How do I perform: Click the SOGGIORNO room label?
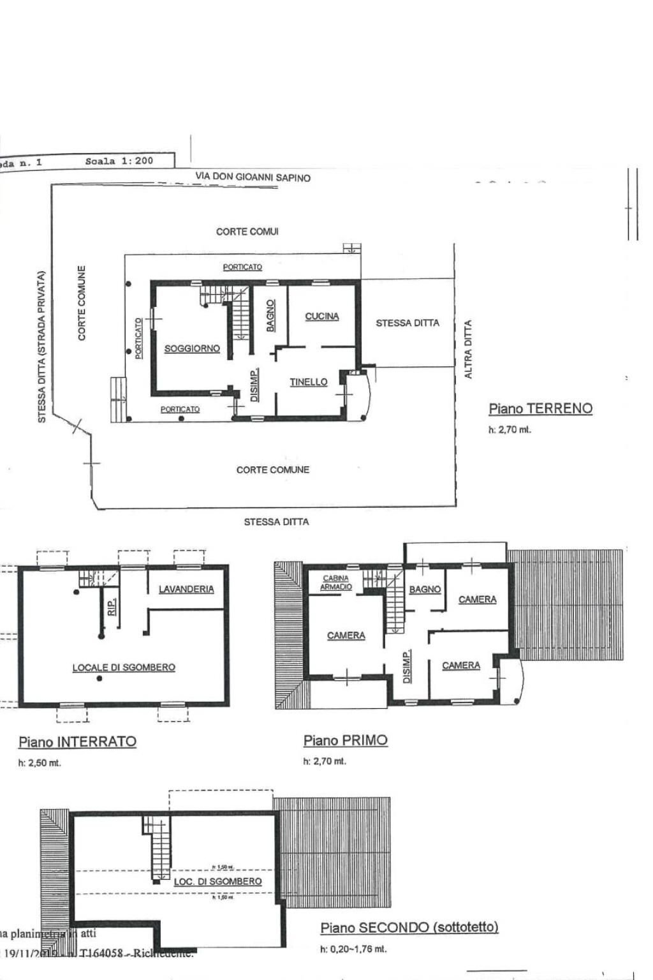(192, 348)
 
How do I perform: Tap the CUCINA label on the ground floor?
(322, 316)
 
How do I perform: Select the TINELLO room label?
(309, 382)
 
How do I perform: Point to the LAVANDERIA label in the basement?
(186, 589)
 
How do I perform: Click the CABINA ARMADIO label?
(336, 583)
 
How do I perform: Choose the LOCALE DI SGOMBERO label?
(124, 667)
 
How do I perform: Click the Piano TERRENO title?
(540, 408)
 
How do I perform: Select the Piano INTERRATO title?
(77, 741)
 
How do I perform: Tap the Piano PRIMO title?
(345, 740)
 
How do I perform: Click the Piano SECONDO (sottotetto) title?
(409, 927)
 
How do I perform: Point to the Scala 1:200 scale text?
(119, 161)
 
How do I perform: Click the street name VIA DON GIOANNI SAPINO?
(253, 177)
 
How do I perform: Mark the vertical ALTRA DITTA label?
(468, 350)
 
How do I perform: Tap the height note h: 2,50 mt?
(40, 763)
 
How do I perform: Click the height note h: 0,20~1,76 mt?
(353, 949)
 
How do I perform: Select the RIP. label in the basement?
(112, 607)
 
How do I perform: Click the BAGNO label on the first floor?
(425, 590)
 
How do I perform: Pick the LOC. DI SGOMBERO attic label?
(217, 881)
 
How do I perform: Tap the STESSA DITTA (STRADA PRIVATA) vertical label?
(42, 347)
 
